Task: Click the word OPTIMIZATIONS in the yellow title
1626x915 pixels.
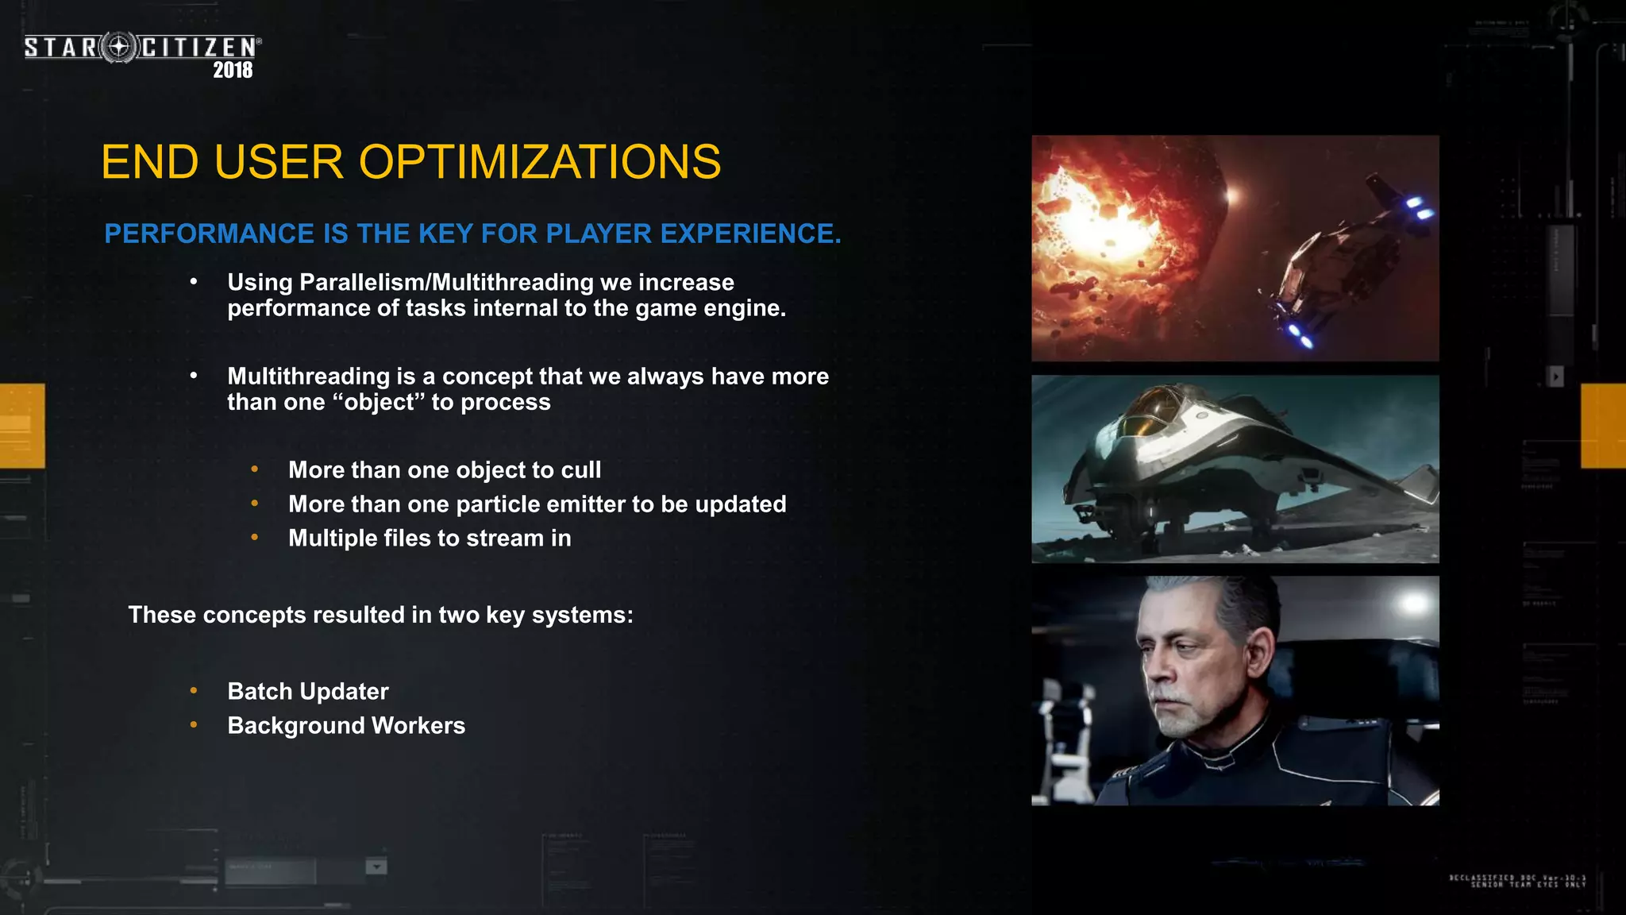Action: pos(540,162)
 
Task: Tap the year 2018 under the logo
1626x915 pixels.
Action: pos(233,70)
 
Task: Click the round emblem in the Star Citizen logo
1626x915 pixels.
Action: pos(119,48)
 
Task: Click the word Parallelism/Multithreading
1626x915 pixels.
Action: pos(446,282)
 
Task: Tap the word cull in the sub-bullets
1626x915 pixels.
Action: pos(580,470)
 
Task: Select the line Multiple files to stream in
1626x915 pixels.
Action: pos(430,539)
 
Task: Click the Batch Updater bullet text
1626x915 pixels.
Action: pos(308,691)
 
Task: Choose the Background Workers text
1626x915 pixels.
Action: pos(346,725)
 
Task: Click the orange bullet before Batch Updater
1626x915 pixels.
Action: pos(194,690)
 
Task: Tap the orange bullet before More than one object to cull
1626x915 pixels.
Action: pos(254,469)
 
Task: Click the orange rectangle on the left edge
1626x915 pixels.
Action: pos(22,426)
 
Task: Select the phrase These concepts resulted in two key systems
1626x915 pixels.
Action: pos(380,615)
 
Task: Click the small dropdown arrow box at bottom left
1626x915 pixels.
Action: pos(376,867)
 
